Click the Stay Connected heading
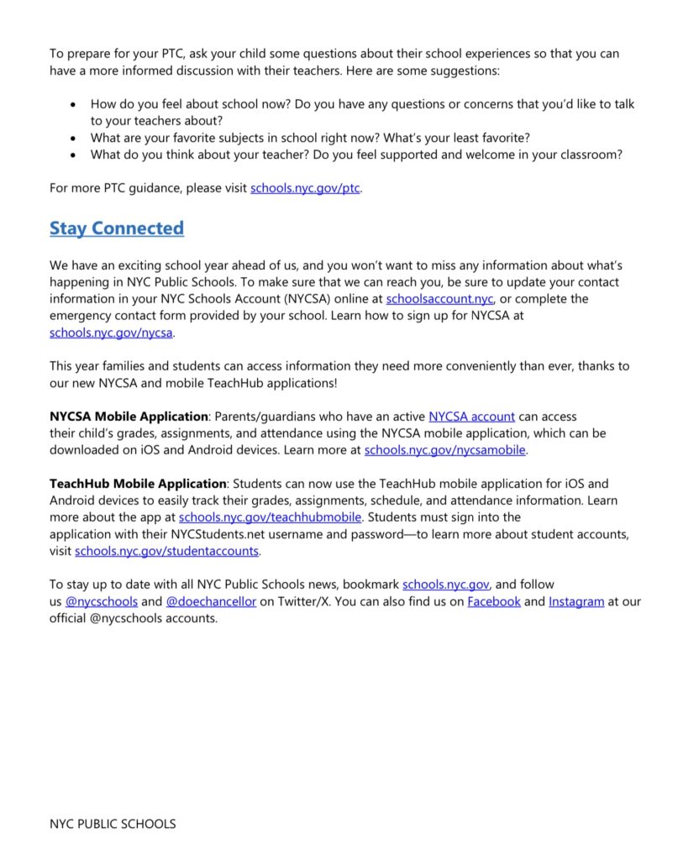click(116, 228)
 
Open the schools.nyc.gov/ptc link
click(305, 188)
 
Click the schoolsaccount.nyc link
click(440, 299)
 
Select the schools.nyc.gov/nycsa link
click(111, 333)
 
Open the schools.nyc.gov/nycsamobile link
click(444, 450)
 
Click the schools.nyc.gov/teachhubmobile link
click(271, 517)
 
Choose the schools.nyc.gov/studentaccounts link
click(167, 551)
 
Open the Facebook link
click(494, 601)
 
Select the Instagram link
click(576, 601)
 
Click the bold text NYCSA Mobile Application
click(129, 417)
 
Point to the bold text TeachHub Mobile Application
click(138, 484)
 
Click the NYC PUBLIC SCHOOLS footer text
click(113, 824)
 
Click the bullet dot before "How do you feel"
click(73, 105)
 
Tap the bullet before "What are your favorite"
click(73, 139)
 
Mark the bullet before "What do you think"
click(73, 155)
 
